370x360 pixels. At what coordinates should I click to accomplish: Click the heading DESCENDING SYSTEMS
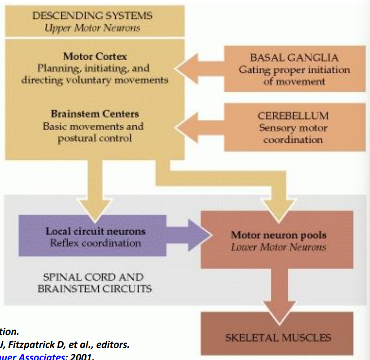coord(92,16)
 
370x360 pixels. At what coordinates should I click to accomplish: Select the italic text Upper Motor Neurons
coord(92,28)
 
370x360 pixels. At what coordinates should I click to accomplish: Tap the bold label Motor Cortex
coord(95,57)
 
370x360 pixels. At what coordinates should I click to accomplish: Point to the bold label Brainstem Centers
coord(95,114)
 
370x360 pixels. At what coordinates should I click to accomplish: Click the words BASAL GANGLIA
coord(294,58)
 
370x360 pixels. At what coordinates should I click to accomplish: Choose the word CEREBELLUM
coord(293,115)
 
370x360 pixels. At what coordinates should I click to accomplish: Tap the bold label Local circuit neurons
coord(96,231)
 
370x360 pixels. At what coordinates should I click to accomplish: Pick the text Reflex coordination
coord(96,243)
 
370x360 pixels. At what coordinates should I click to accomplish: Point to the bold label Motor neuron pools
coord(279,235)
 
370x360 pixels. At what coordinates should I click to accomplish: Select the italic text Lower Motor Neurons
coord(279,247)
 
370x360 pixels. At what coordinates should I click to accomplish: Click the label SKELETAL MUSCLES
coord(278,338)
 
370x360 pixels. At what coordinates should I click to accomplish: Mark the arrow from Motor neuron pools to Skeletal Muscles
coord(278,287)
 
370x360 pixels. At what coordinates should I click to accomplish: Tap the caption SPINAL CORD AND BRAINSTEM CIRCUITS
coord(95,282)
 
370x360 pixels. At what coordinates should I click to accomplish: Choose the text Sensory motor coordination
coord(293,134)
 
